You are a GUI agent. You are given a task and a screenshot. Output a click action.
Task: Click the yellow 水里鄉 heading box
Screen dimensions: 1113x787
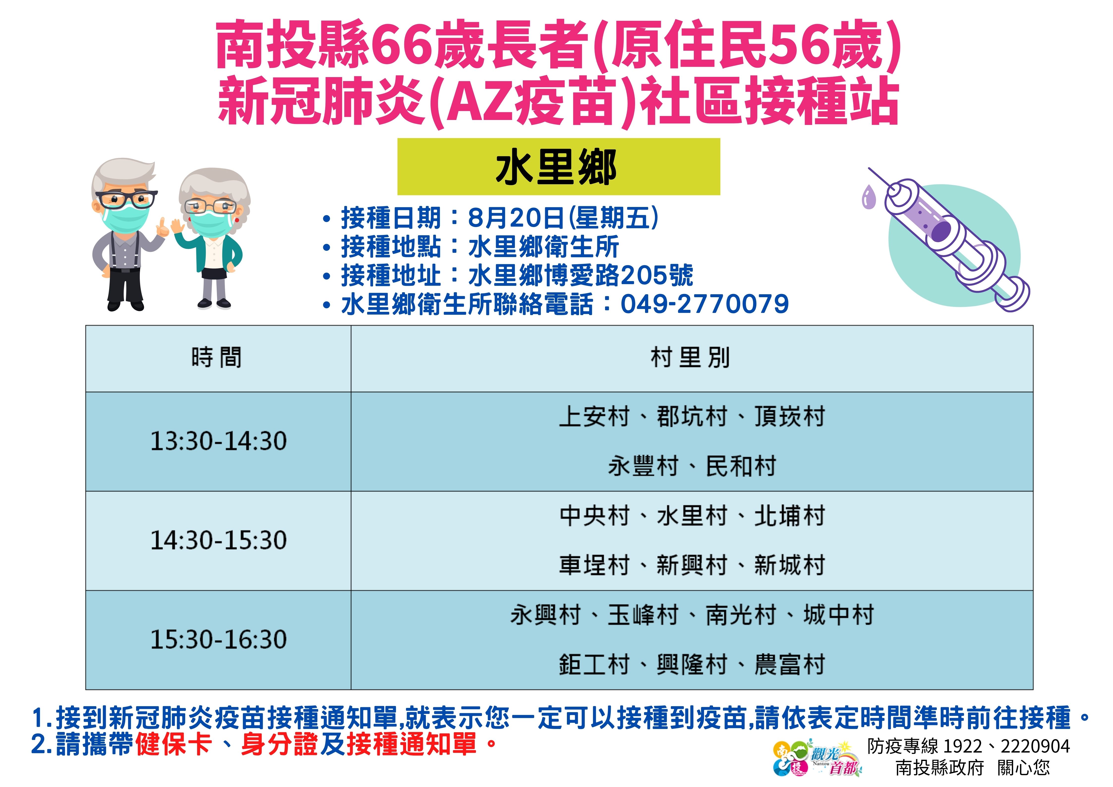pos(558,167)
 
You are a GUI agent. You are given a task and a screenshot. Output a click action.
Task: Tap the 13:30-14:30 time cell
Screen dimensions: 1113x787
pos(218,441)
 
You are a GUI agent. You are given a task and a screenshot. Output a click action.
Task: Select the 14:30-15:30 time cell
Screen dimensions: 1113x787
pos(218,541)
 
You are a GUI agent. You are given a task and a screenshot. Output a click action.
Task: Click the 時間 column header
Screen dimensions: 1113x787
pos(218,359)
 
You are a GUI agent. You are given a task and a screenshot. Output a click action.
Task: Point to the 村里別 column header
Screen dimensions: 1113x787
pos(692,359)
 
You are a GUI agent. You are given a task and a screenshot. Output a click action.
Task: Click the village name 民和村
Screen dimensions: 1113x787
pos(741,466)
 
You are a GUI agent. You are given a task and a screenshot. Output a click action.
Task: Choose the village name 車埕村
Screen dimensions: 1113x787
pos(594,566)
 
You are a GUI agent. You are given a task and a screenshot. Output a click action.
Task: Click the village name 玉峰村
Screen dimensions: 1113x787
pos(643,615)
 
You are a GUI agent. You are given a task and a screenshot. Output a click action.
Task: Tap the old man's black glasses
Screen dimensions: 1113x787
pos(126,199)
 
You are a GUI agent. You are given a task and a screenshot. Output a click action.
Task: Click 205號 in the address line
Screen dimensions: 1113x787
pos(657,276)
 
